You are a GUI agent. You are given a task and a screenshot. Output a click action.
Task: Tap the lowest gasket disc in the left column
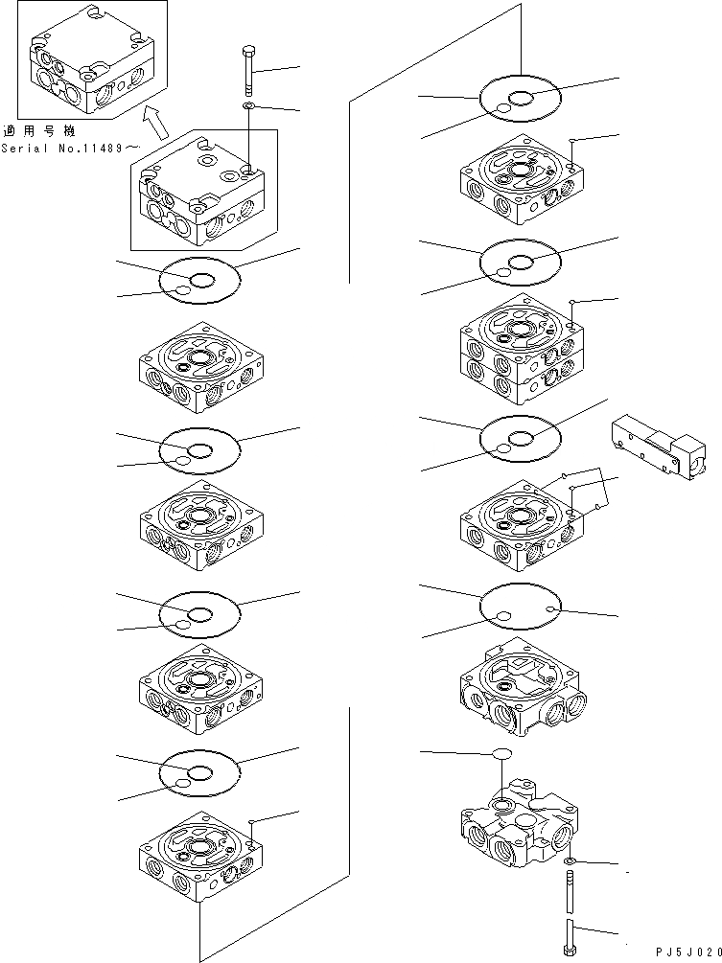point(198,772)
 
